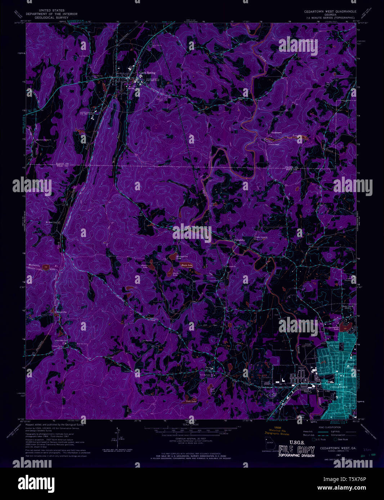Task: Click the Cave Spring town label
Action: point(147,73)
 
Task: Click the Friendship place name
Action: point(240,240)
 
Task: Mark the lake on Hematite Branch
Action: point(45,267)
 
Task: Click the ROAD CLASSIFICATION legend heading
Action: point(327,427)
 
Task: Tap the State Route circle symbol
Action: point(335,439)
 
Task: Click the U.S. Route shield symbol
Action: point(313,439)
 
